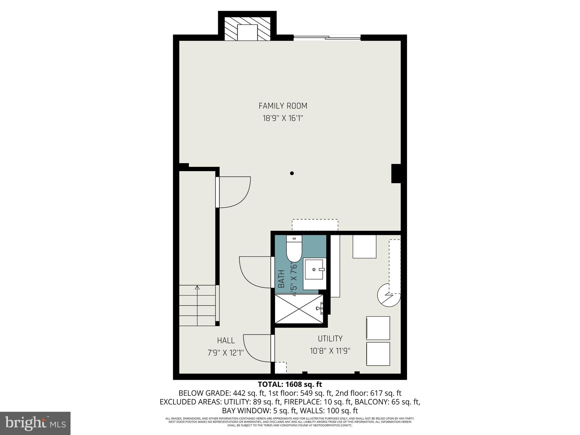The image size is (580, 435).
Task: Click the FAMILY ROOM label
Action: pos(283,106)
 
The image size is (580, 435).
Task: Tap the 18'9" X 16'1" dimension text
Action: pos(283,118)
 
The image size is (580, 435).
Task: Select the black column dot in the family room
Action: pos(292,173)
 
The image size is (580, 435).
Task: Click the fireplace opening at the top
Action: pos(247,32)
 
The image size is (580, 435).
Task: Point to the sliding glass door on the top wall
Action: pos(327,37)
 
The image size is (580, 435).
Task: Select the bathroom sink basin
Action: pos(314,270)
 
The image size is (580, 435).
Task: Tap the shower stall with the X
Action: pos(299,309)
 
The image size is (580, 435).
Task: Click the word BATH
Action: pos(281,279)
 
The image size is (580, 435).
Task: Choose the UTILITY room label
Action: pos(330,339)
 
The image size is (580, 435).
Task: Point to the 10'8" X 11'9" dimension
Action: pos(330,351)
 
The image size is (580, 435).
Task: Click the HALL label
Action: pos(226,340)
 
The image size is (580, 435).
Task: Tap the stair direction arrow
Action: pos(197,288)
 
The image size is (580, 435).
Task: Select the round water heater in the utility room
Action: pos(388,296)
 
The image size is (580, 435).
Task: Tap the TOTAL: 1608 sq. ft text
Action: pos(290,385)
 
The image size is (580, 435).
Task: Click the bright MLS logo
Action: pos(35,423)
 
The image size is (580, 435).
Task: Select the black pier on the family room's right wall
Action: pos(396,173)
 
